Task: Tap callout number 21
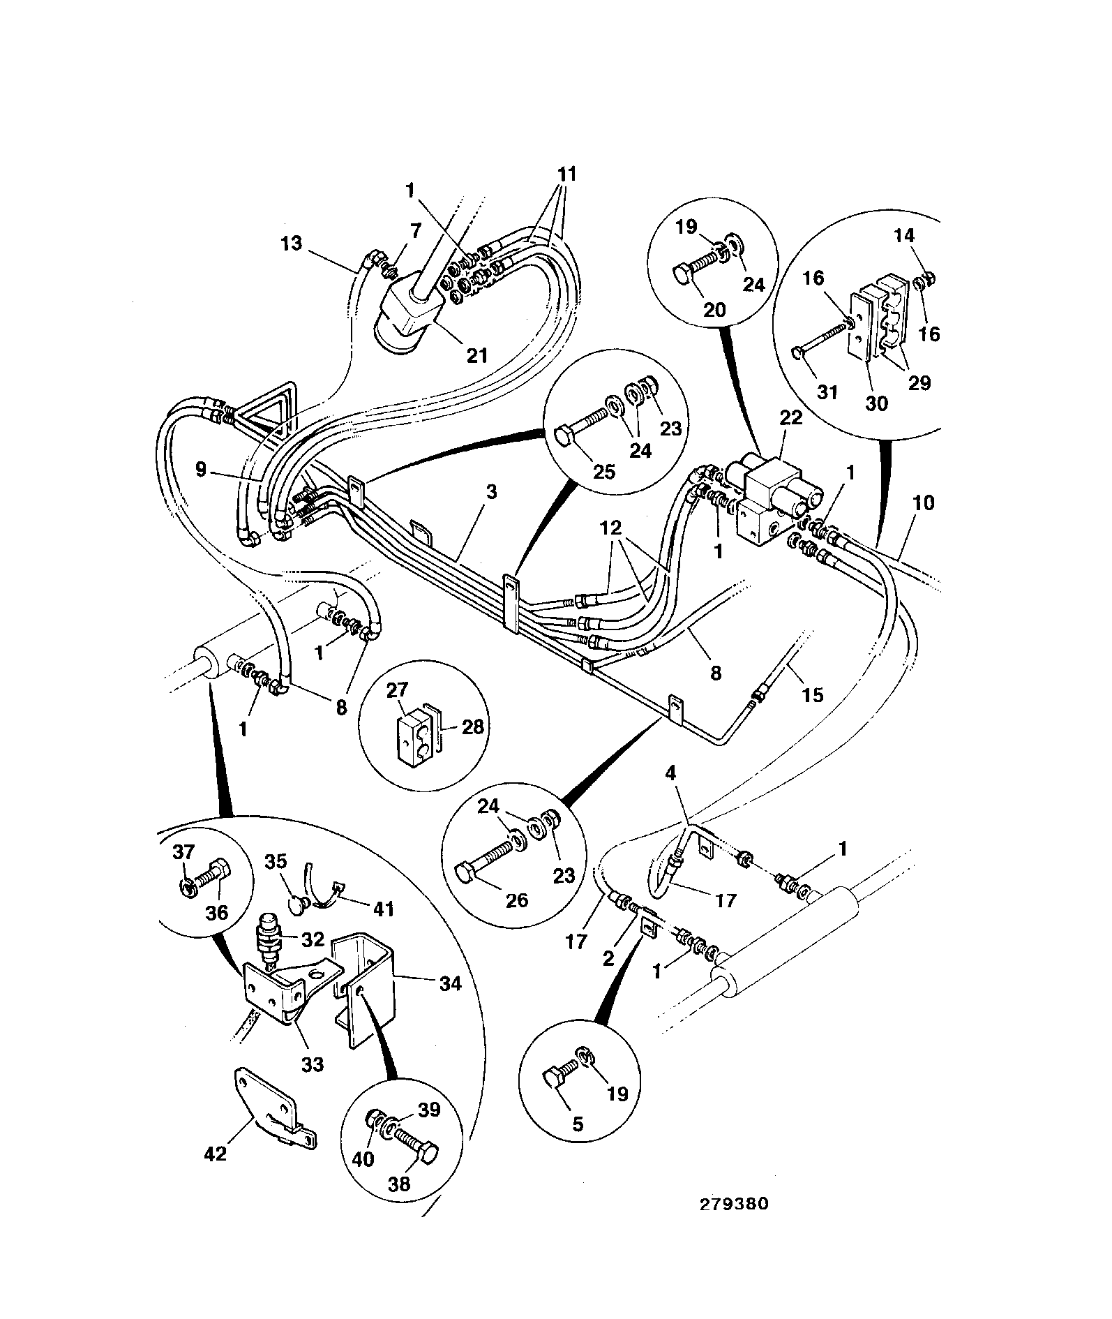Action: pyautogui.click(x=476, y=355)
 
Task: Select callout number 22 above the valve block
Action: pyautogui.click(x=791, y=418)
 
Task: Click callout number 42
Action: pyautogui.click(x=216, y=1154)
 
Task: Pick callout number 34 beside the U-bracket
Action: pyautogui.click(x=451, y=984)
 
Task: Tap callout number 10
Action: pyautogui.click(x=923, y=502)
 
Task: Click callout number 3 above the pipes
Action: pyautogui.click(x=492, y=492)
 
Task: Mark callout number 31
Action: pyautogui.click(x=827, y=393)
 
